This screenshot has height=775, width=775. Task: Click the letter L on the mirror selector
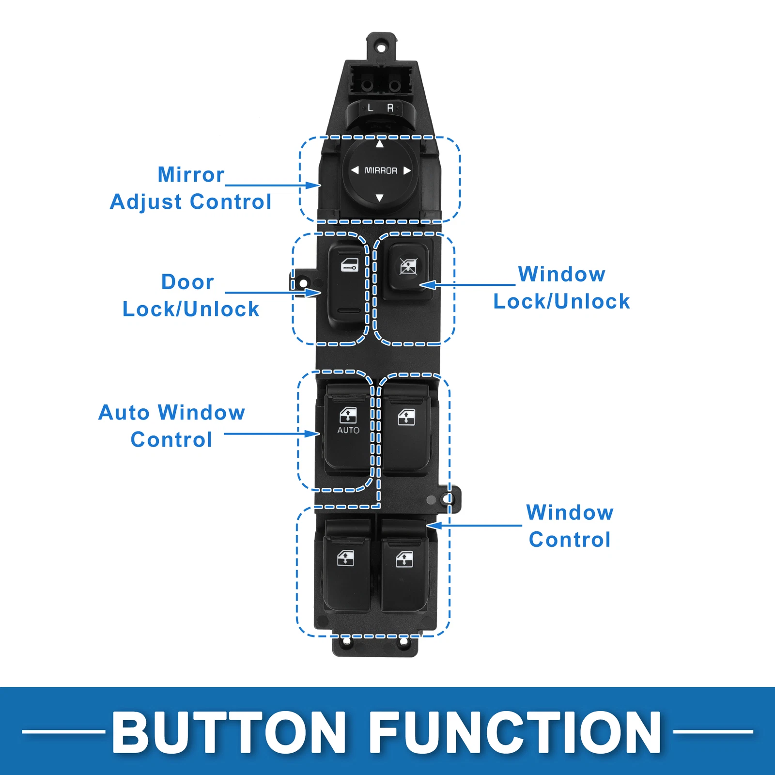(x=371, y=108)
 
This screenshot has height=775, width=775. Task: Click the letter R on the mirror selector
(x=390, y=108)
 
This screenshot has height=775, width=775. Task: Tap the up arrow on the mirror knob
(x=380, y=143)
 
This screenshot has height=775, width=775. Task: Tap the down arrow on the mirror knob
(x=380, y=198)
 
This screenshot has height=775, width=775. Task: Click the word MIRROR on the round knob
(x=381, y=170)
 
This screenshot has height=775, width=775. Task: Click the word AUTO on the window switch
(x=348, y=430)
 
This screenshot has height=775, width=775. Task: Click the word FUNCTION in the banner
(x=518, y=732)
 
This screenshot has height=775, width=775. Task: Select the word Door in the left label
(x=187, y=282)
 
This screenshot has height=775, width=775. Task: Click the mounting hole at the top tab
(x=381, y=48)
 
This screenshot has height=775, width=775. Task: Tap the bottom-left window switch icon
(x=345, y=558)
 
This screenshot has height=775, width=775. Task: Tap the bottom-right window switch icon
(x=404, y=559)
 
